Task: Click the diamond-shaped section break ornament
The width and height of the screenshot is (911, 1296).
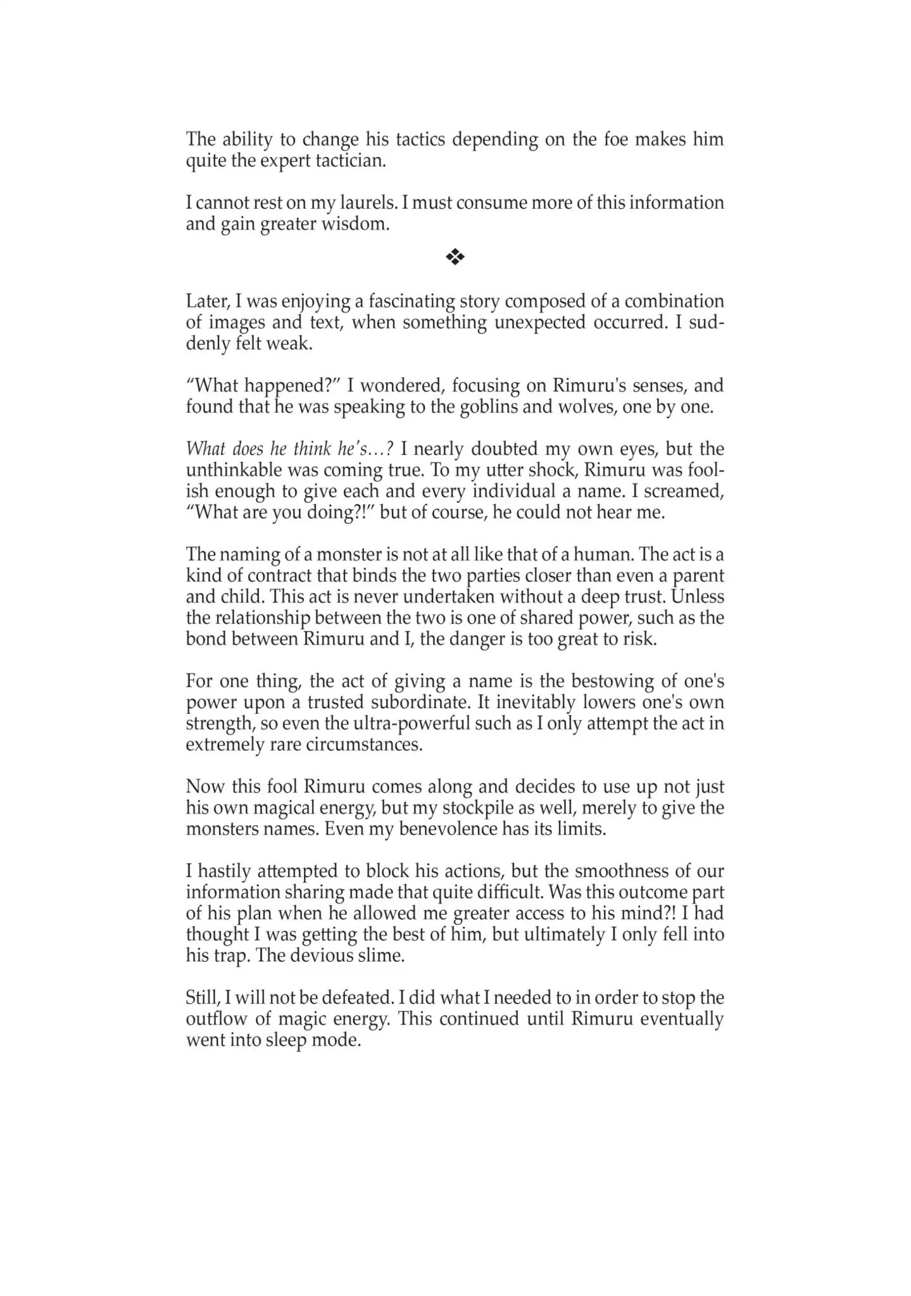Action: click(455, 256)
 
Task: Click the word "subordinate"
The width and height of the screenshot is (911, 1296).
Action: click(468, 702)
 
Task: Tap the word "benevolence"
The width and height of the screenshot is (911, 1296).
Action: click(448, 829)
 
